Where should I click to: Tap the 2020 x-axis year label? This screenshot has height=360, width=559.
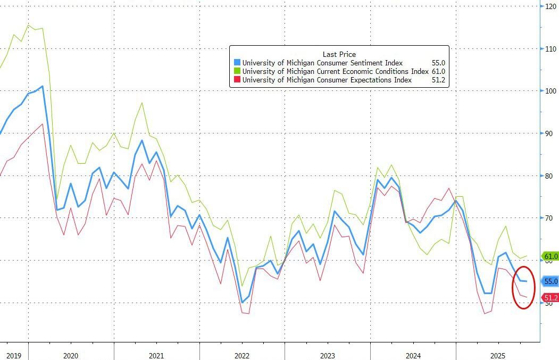tap(71, 356)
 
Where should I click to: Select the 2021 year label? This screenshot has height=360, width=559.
tap(156, 356)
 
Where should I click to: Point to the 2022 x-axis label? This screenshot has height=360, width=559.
tap(242, 356)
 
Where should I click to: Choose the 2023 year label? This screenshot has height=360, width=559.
tap(328, 356)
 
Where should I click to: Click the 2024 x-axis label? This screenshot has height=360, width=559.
tap(413, 356)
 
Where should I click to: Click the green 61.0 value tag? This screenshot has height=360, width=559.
tap(549, 256)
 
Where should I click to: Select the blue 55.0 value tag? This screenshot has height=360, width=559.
tap(549, 281)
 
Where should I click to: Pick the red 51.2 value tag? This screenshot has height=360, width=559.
tap(549, 297)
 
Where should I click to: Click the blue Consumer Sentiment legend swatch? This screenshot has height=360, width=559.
tap(237, 63)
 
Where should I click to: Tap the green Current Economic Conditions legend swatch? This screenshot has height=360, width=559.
tap(237, 71)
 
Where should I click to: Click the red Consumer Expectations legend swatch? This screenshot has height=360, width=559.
tap(237, 80)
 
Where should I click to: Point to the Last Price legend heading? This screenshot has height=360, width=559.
tap(339, 54)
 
